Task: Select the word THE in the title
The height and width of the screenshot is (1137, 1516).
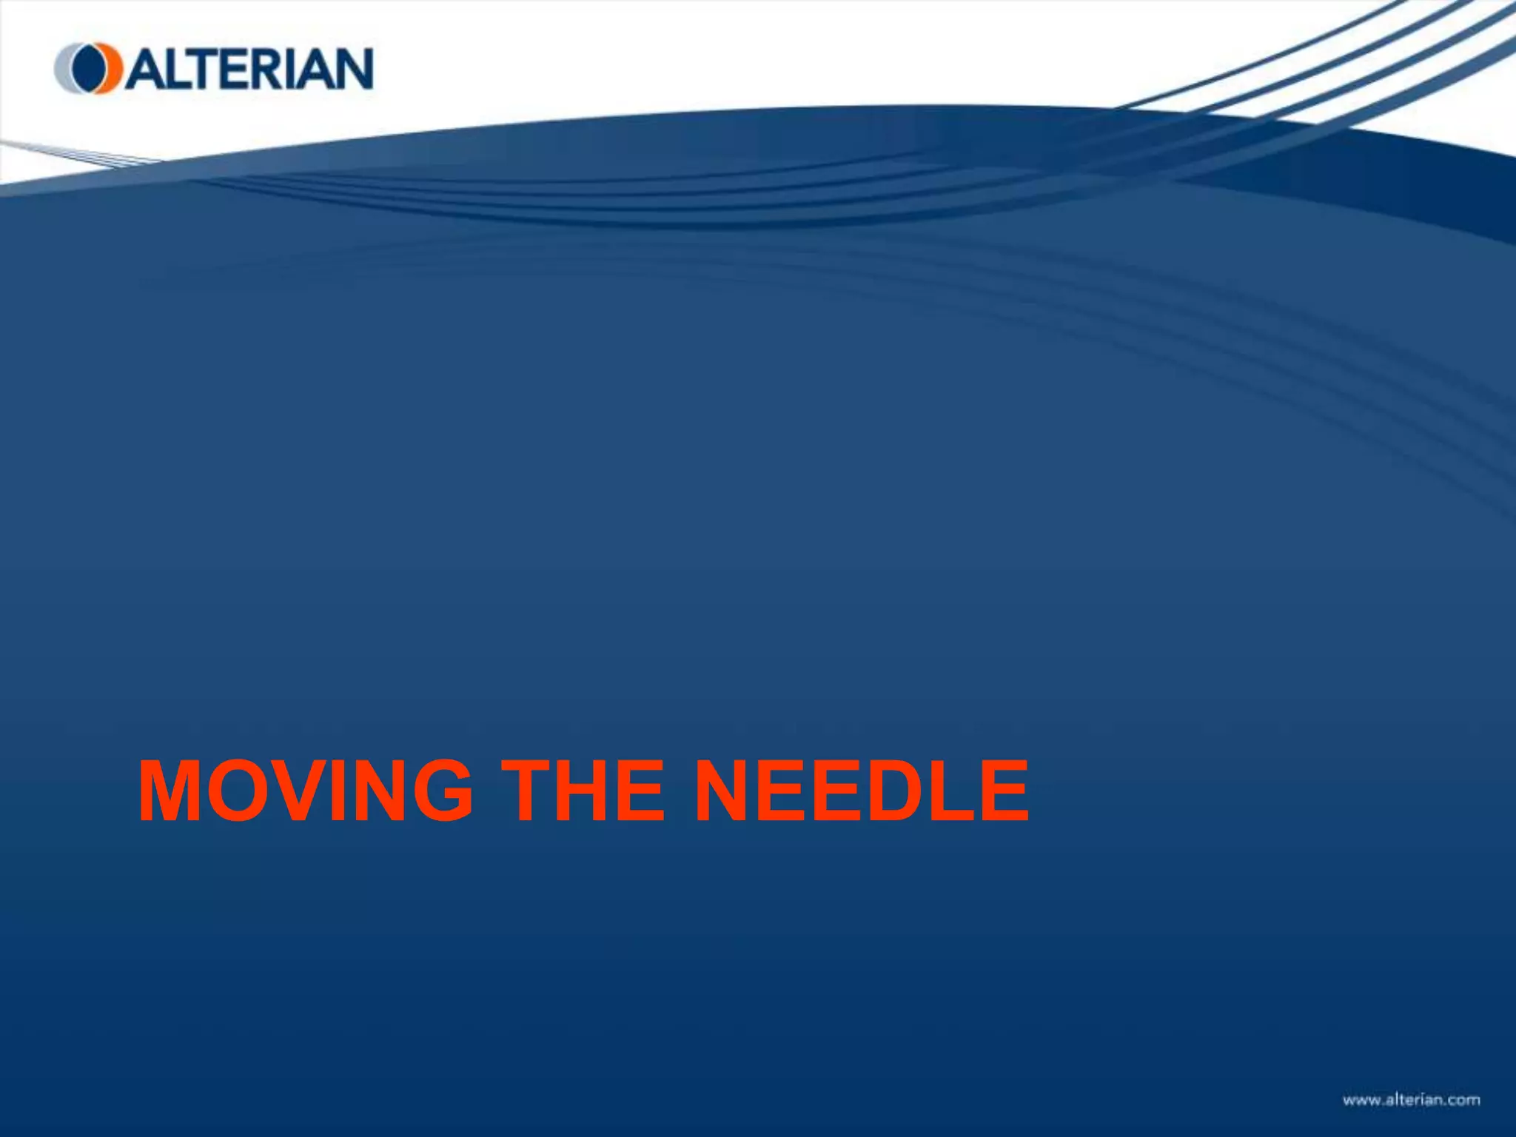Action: (583, 791)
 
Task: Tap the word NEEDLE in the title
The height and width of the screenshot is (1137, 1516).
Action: (862, 791)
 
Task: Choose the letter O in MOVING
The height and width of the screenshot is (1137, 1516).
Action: (238, 791)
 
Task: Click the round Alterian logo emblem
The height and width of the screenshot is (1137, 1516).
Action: (88, 68)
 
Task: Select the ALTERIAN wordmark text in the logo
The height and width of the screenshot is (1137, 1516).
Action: (249, 69)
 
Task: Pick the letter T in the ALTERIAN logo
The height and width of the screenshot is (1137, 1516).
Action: (194, 69)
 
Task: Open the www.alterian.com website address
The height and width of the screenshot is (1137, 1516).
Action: (1411, 1100)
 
